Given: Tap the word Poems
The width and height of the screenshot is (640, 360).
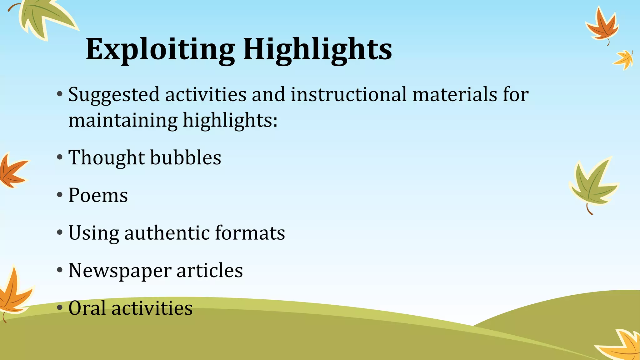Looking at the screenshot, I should coord(98,195).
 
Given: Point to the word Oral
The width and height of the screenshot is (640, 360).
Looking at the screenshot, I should coord(87,308).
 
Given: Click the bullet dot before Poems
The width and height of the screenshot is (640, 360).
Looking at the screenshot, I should coord(60,195).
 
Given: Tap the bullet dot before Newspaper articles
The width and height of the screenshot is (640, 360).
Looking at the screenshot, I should coord(60,270).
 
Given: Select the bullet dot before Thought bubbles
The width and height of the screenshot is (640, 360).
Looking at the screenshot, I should coord(60,157).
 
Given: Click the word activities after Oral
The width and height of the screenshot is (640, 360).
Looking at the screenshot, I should coord(152,308).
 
